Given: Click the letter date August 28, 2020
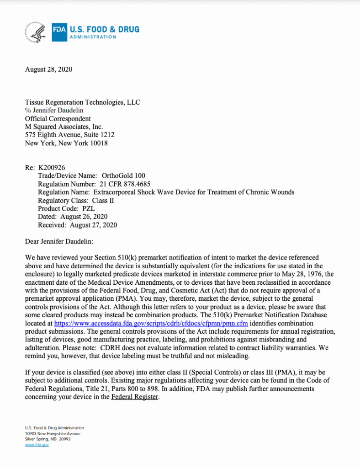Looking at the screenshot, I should [x=48, y=69].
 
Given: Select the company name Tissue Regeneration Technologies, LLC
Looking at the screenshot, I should [x=82, y=102].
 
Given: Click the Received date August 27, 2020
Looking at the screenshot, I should [x=94, y=225].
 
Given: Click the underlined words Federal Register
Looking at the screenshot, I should [x=135, y=397].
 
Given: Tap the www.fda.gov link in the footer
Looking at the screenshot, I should [x=37, y=445].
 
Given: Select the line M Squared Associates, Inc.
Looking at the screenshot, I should [x=64, y=127].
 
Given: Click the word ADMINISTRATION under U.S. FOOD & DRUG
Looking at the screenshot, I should [x=93, y=37].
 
